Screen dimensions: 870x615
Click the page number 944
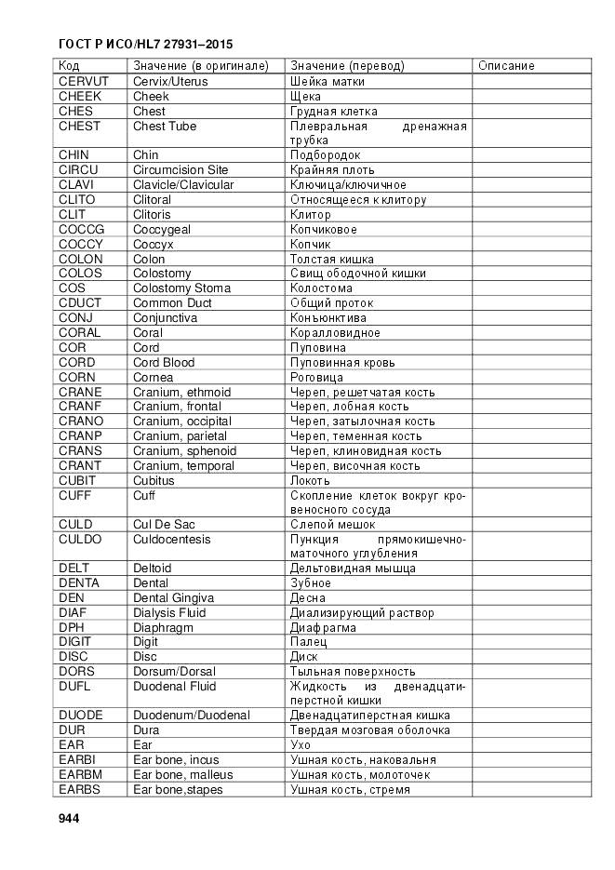pyautogui.click(x=68, y=818)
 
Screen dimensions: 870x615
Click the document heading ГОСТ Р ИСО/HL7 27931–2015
pyautogui.click(x=145, y=44)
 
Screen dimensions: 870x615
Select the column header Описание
pyautogui.click(x=506, y=66)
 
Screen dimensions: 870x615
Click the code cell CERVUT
pyautogui.click(x=83, y=81)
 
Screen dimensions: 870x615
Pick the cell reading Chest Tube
pyautogui.click(x=165, y=126)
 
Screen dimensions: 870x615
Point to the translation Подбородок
pyautogui.click(x=325, y=154)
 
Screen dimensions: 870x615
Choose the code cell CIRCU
pyautogui.click(x=78, y=169)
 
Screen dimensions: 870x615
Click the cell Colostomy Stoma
pyautogui.click(x=181, y=288)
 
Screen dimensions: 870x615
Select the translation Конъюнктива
pyautogui.click(x=328, y=317)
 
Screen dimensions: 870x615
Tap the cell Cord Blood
pyautogui.click(x=164, y=362)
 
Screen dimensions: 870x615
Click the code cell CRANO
pyautogui.click(x=81, y=421)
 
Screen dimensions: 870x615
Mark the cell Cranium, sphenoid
pyautogui.click(x=184, y=450)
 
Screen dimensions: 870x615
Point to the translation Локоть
pyautogui.click(x=310, y=480)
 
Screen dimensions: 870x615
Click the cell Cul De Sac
pyautogui.click(x=165, y=524)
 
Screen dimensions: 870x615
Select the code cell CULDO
pyautogui.click(x=81, y=539)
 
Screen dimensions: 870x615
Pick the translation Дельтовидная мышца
pyautogui.click(x=353, y=568)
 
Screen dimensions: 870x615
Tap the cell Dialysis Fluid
pyautogui.click(x=169, y=612)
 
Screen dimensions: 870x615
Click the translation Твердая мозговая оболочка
pyautogui.click(x=369, y=730)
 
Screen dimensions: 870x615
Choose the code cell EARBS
pyautogui.click(x=80, y=789)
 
